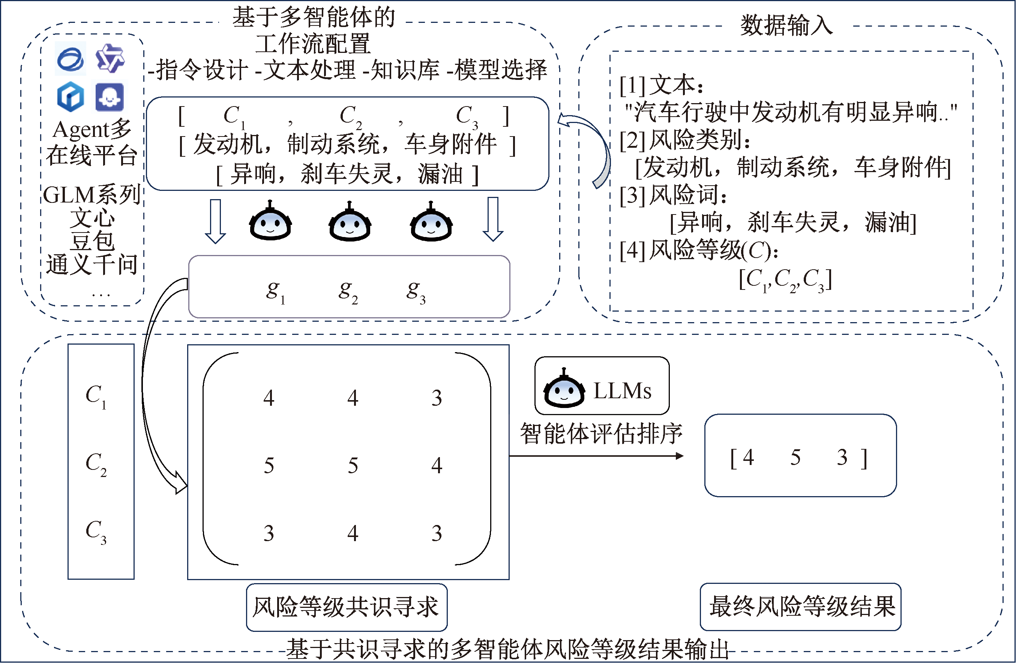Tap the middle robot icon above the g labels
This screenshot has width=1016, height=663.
350,222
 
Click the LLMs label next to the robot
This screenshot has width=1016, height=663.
622,390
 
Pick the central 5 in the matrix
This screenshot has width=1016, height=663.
353,465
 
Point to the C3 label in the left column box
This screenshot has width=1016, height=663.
96,531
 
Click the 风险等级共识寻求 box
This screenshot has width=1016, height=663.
346,607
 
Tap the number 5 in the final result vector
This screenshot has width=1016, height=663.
795,457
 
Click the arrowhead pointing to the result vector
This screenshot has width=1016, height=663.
680,456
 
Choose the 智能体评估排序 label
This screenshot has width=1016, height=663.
601,434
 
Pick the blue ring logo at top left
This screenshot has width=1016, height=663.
71,59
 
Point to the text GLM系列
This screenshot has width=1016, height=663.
92,195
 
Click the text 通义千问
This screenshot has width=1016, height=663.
92,265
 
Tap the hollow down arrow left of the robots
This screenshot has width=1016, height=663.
215,221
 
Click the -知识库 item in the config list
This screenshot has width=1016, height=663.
401,70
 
